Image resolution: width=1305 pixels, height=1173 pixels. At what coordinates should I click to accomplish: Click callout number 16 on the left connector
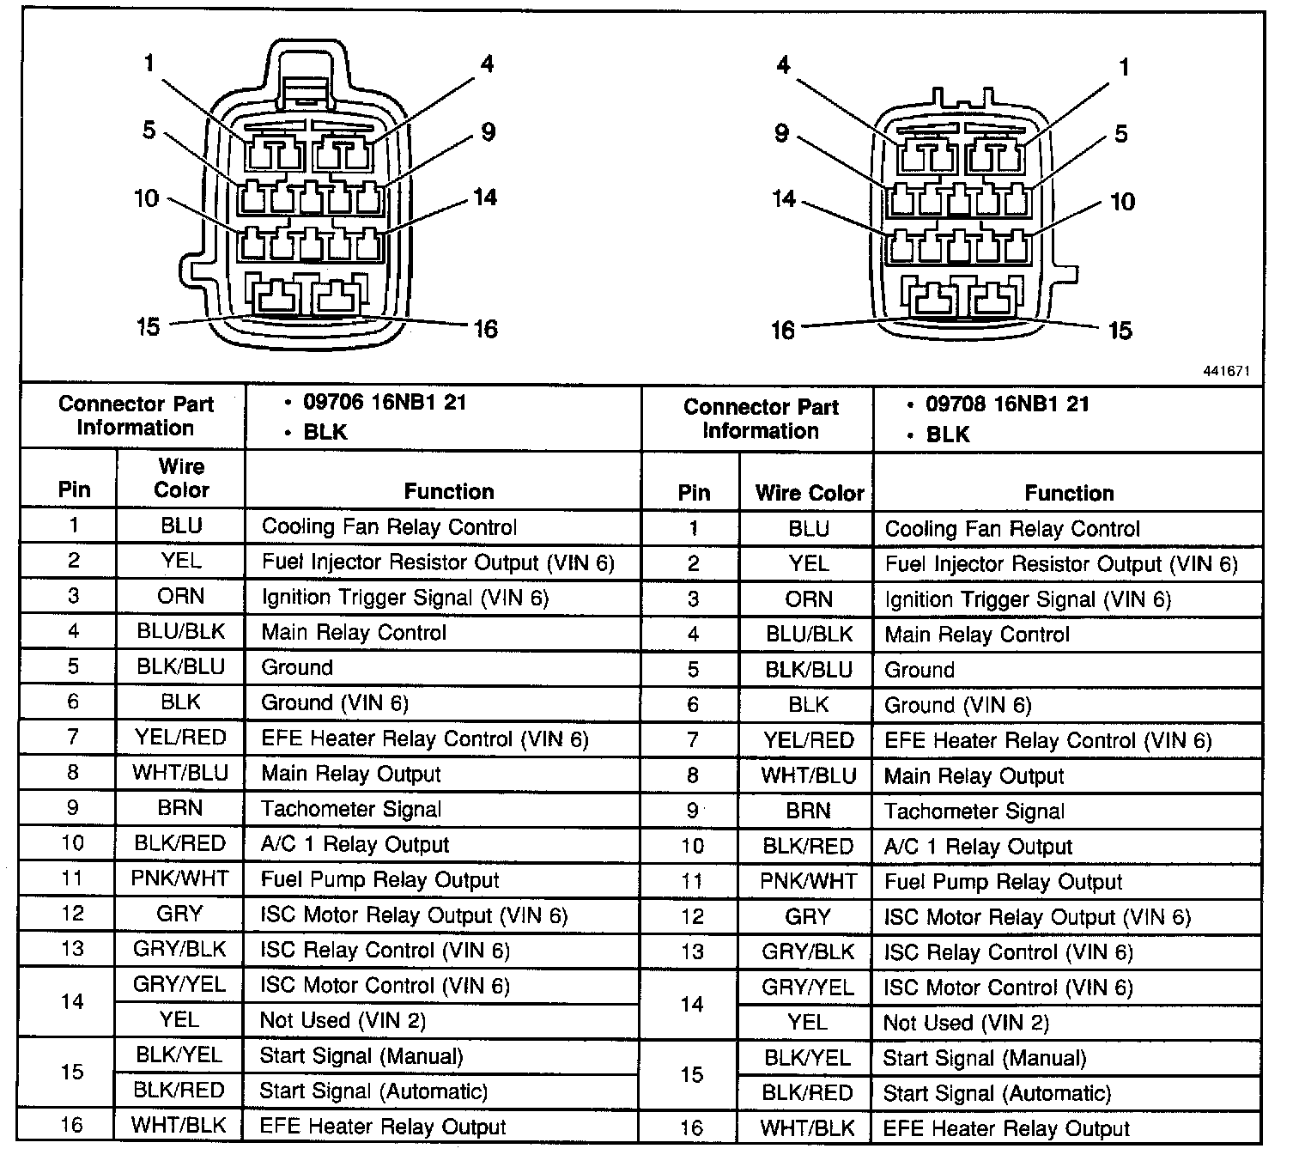click(485, 329)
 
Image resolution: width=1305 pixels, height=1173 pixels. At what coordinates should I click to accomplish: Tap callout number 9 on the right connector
click(781, 134)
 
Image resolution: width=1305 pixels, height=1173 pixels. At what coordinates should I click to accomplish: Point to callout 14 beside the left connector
click(485, 198)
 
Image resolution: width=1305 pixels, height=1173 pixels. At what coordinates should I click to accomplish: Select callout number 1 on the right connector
click(1124, 67)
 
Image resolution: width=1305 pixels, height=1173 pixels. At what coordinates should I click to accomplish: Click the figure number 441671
click(1226, 372)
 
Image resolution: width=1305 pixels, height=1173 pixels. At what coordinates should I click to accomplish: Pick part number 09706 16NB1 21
click(385, 403)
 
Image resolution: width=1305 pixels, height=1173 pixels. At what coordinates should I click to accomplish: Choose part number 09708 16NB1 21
click(1007, 404)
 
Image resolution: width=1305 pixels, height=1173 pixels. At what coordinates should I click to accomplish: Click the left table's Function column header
click(449, 492)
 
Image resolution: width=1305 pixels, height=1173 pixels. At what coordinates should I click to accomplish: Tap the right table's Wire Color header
click(809, 493)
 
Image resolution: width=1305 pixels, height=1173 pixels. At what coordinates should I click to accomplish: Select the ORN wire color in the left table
click(180, 597)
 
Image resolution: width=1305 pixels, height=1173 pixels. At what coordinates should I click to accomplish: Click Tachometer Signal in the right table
click(974, 811)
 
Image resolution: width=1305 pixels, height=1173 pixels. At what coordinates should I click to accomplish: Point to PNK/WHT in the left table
click(180, 878)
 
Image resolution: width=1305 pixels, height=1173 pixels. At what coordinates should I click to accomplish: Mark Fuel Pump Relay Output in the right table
click(1003, 882)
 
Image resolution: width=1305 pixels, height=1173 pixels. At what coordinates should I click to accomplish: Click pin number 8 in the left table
click(73, 773)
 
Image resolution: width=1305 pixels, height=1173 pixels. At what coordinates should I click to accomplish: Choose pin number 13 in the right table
click(692, 951)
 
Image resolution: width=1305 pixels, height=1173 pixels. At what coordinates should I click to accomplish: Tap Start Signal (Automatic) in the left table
click(373, 1091)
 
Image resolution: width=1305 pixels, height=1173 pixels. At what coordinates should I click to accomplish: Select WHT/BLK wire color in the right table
click(808, 1128)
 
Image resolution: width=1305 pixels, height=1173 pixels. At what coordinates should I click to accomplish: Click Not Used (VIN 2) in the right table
click(966, 1023)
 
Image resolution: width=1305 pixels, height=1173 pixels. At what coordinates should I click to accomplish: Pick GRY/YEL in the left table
click(179, 984)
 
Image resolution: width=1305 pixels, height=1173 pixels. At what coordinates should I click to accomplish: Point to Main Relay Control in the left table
click(354, 633)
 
